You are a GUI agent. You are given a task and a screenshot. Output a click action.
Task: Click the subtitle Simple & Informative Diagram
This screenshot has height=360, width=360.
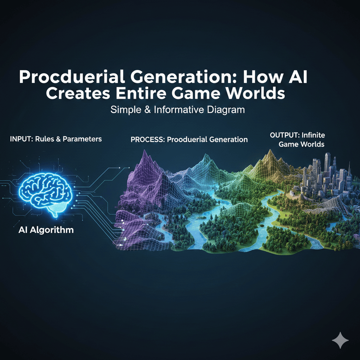coord(177,110)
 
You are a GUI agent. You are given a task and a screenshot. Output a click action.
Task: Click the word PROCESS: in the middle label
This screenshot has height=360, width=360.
coord(147,140)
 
